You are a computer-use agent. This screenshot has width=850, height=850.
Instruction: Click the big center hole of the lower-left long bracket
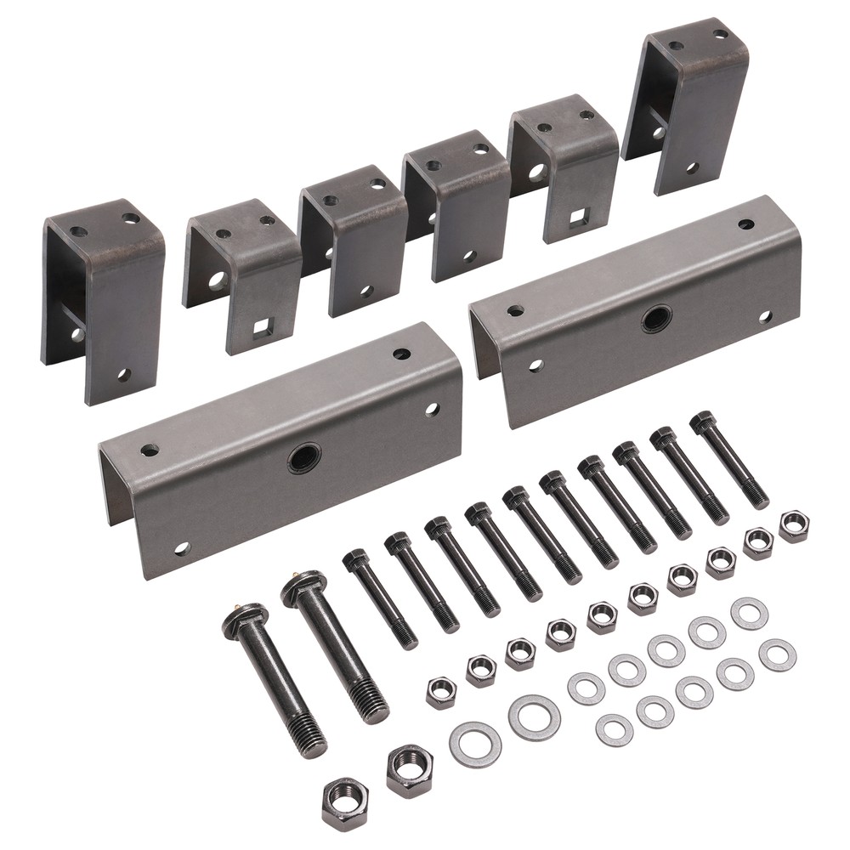tap(304, 458)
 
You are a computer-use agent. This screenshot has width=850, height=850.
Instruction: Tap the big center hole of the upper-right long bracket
tap(656, 319)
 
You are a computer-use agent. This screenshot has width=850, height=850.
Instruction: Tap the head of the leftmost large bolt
tap(245, 620)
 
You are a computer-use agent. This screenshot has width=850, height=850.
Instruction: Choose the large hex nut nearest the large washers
tap(409, 769)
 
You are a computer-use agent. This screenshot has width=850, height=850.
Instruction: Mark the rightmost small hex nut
tap(794, 526)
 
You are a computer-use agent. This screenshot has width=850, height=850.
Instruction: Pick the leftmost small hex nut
tap(441, 692)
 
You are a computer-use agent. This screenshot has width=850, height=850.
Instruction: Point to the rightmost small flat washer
tap(777, 654)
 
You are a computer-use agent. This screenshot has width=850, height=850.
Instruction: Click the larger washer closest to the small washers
tap(534, 717)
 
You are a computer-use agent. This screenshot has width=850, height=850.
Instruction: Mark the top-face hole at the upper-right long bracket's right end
tap(745, 224)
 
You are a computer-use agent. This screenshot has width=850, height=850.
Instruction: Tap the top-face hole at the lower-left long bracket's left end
tap(150, 450)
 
